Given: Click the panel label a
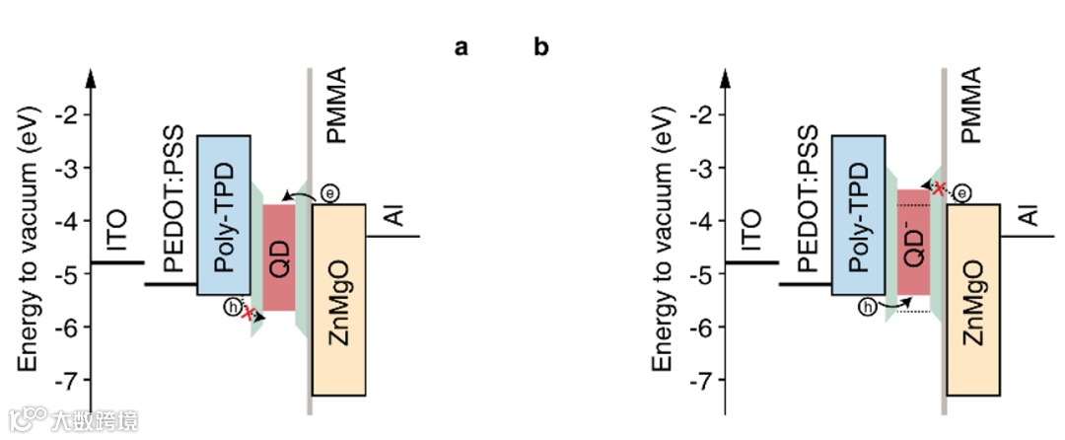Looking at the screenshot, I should click(461, 46).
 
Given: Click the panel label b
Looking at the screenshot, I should click(541, 46).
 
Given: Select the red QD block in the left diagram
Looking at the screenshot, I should click(279, 257).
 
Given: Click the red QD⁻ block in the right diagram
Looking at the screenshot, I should click(913, 243).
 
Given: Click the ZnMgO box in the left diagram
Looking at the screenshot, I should click(339, 300).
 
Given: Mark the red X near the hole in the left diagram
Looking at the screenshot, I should click(248, 314).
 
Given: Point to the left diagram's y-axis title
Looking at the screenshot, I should click(29, 242).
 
